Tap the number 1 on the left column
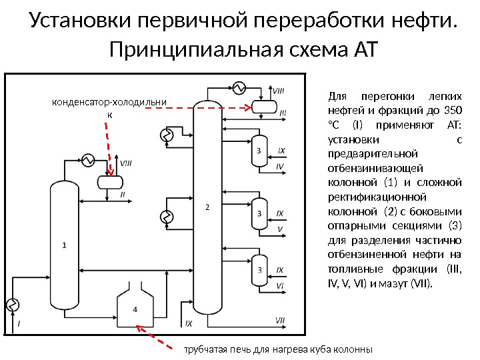pos(64,245)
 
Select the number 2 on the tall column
pos(207,208)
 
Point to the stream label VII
pos(280,321)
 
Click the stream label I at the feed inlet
pos(19,323)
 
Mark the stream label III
pos(282,114)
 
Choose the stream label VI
pos(280,285)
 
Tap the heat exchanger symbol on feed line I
pos(12,305)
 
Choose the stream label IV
pos(280,165)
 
